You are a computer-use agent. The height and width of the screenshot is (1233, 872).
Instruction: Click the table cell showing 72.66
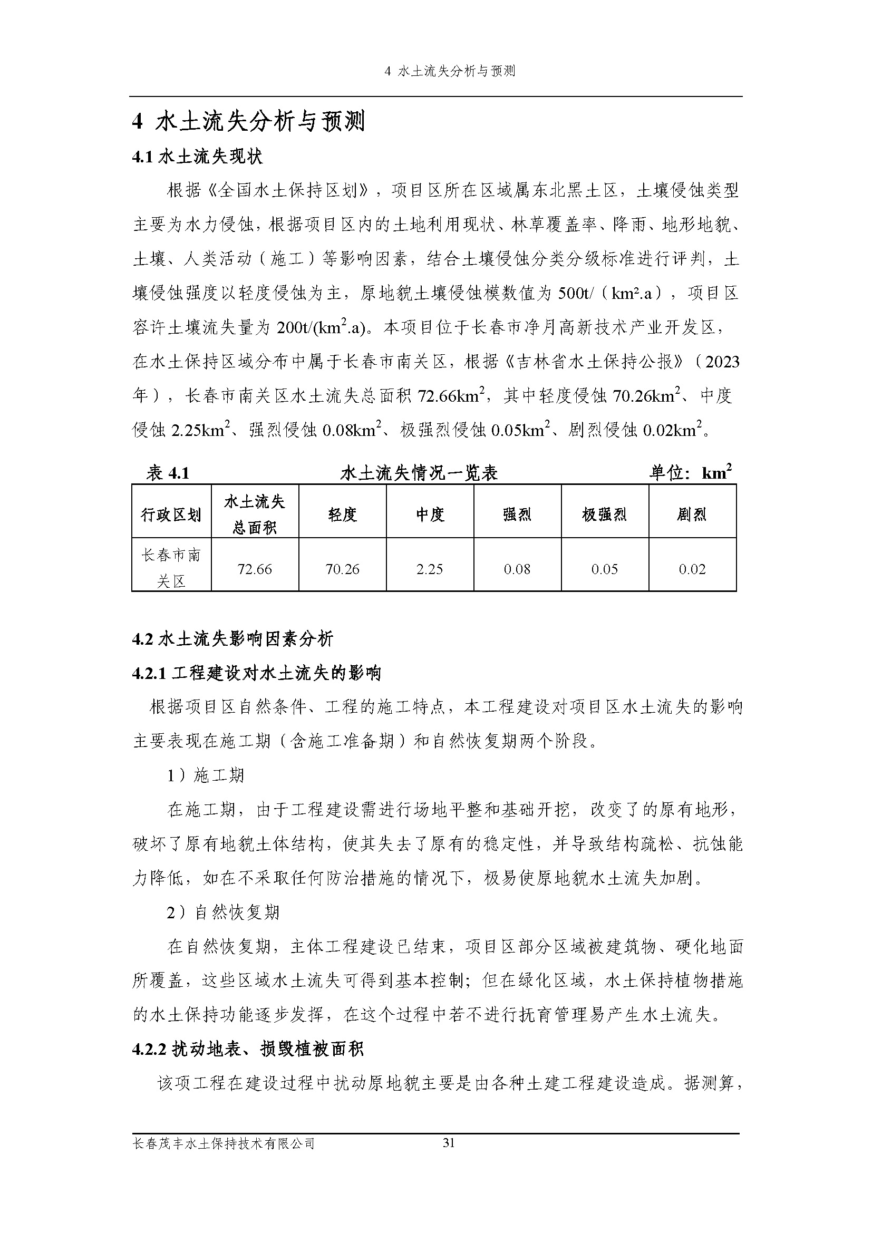(255, 569)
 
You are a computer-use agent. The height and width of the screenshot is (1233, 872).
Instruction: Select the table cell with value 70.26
(342, 569)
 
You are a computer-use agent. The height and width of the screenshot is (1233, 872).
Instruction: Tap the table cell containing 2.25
(430, 569)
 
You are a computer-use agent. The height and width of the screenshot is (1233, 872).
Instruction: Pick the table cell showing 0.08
(517, 569)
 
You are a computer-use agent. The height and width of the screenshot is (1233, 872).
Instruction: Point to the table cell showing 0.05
(605, 569)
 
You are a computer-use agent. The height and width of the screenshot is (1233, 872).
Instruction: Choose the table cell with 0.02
(692, 569)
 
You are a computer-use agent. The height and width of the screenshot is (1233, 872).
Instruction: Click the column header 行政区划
(171, 515)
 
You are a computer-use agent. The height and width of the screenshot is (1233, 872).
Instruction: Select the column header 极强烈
(605, 515)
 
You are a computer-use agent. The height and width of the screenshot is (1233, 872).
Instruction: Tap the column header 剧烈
(692, 515)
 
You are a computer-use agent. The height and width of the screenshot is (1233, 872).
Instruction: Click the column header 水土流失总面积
(255, 514)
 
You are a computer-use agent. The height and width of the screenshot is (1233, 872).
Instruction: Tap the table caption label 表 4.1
(168, 473)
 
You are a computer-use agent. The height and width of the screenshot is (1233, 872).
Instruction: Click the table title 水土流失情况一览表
(419, 473)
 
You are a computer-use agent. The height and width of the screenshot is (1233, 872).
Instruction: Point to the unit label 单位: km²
(691, 472)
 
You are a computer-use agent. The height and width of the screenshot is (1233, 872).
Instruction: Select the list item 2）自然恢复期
(223, 912)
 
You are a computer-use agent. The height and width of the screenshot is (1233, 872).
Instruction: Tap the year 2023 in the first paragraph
(722, 362)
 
